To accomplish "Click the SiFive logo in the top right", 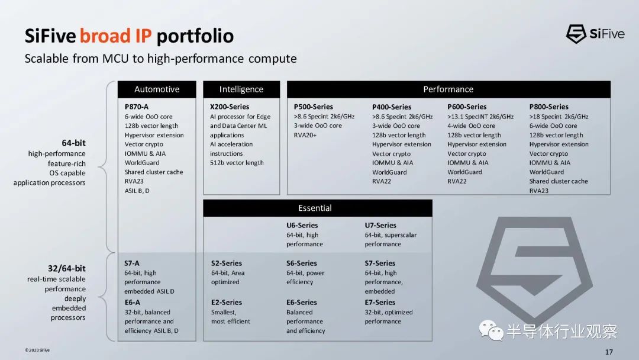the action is [x=595, y=34].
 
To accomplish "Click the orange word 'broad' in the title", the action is [x=104, y=36].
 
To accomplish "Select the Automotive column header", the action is [x=157, y=89].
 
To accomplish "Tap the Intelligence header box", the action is [x=241, y=89].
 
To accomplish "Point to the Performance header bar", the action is [x=448, y=89].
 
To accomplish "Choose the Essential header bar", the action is [x=318, y=208].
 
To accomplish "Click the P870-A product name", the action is [x=137, y=107].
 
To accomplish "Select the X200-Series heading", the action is [x=230, y=107].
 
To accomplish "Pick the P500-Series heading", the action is [x=314, y=107].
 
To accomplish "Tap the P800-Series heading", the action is [x=548, y=107].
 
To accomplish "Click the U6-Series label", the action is [x=302, y=225].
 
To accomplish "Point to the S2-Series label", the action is [x=226, y=263].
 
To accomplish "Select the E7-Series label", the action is [x=380, y=303].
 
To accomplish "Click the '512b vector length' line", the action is [x=237, y=163].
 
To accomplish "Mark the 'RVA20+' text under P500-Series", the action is [x=305, y=135].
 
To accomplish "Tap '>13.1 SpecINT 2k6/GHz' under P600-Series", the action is [x=480, y=117].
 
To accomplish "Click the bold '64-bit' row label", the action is [x=74, y=143].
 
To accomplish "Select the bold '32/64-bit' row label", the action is [x=67, y=268].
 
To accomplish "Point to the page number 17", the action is [x=609, y=352].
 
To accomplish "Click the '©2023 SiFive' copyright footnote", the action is [x=37, y=350].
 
